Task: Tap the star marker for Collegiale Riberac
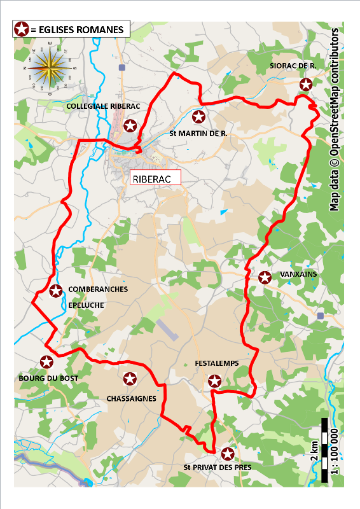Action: tap(130, 125)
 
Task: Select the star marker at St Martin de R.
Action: tap(198, 116)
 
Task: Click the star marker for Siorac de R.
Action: tap(306, 84)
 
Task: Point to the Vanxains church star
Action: tap(265, 277)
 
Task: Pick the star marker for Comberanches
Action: tap(56, 291)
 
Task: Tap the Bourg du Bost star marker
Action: tap(46, 362)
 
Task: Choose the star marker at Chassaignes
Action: tap(130, 379)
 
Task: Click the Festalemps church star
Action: tap(215, 381)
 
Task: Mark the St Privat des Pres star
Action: tap(227, 454)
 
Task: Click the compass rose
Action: tap(49, 67)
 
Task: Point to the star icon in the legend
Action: tap(22, 29)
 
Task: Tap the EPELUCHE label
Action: tap(87, 305)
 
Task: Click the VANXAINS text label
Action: tap(298, 274)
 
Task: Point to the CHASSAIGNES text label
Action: tap(132, 399)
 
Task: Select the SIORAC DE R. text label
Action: tap(293, 66)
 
